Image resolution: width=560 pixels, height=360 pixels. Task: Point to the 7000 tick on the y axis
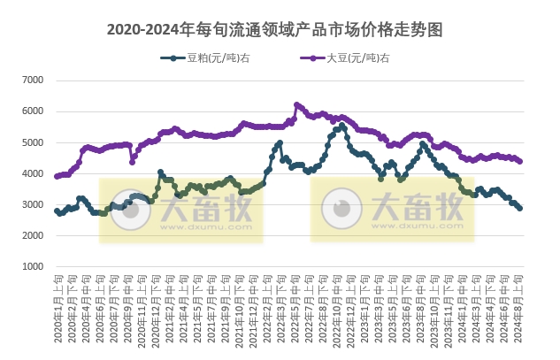coord(32,80)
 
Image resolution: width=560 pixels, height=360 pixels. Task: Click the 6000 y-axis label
coord(32,111)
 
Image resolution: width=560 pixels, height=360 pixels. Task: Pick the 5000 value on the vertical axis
coord(32,142)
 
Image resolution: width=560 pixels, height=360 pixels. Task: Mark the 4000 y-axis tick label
coord(32,173)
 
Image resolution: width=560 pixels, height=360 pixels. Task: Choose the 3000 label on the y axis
coord(32,205)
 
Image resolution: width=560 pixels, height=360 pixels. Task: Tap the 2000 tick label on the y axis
coord(32,236)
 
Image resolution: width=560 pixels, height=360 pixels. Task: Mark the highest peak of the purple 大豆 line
coord(296,104)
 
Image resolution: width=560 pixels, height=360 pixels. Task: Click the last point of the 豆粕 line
coord(519,208)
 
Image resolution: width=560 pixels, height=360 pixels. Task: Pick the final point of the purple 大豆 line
coord(519,161)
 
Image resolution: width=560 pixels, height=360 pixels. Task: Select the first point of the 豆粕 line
coord(57,211)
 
